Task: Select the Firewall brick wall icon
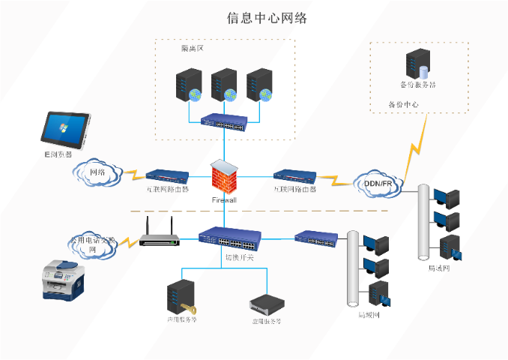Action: point(223,178)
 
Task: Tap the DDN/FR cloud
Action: point(378,183)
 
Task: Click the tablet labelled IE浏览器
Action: point(65,130)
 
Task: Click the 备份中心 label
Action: point(402,104)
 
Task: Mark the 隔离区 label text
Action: point(193,49)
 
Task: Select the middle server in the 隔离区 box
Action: point(223,85)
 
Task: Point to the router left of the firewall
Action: point(167,176)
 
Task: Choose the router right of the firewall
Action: point(294,176)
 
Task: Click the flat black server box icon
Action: point(267,301)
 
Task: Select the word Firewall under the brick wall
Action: point(224,200)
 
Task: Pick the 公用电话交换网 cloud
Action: point(93,244)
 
